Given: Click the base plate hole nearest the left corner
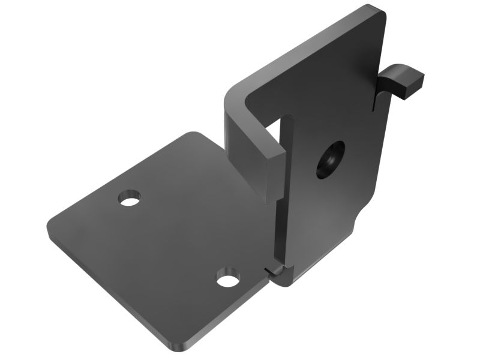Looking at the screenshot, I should [129, 198].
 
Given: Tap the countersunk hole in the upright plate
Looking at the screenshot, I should [331, 160].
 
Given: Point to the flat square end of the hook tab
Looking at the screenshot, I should [416, 83].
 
